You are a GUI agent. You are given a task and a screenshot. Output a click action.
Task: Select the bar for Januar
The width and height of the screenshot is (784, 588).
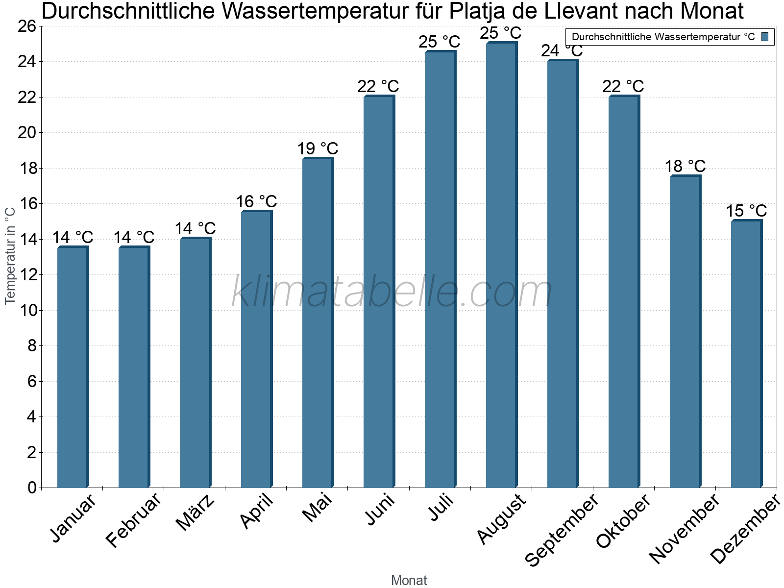tap(73, 367)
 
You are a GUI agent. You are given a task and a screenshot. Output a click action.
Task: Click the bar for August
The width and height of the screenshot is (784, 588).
tap(501, 265)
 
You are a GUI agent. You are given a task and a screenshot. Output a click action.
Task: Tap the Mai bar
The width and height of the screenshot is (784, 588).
tap(318, 323)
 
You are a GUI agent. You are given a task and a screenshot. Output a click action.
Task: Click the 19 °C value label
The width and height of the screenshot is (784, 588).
tap(318, 148)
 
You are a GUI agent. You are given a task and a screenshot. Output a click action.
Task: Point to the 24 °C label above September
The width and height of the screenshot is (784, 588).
tap(562, 50)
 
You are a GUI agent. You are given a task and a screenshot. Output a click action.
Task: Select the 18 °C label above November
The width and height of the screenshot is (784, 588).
tap(685, 166)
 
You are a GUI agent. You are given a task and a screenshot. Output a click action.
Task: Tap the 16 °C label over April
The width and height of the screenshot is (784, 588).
tap(256, 201)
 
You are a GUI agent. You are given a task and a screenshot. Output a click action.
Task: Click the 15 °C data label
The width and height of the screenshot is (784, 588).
tap(746, 211)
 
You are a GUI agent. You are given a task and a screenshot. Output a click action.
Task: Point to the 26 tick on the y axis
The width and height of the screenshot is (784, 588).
tap(27, 26)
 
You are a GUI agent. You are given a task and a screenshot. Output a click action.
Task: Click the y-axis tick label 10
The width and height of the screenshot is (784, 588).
tap(27, 310)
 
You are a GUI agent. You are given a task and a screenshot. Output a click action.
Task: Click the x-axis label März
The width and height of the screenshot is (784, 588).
tap(195, 513)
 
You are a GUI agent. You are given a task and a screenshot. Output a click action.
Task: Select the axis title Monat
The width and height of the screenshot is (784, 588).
tap(409, 581)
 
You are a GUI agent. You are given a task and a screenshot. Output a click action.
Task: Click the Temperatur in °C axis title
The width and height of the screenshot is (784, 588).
tap(10, 255)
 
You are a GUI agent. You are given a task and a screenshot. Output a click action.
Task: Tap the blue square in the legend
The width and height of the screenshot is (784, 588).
tap(765, 37)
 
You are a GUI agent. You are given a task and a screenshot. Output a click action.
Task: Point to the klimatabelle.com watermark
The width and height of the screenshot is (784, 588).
tap(392, 292)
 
